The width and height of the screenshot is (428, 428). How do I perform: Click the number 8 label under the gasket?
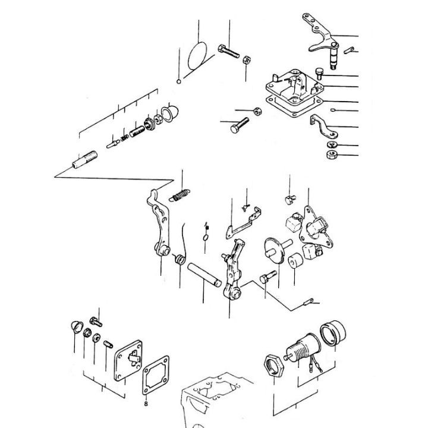146,402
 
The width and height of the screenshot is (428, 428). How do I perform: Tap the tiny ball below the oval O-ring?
178,81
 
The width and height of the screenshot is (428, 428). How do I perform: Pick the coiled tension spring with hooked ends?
181,194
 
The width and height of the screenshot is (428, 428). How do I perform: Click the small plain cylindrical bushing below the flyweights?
293,261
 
